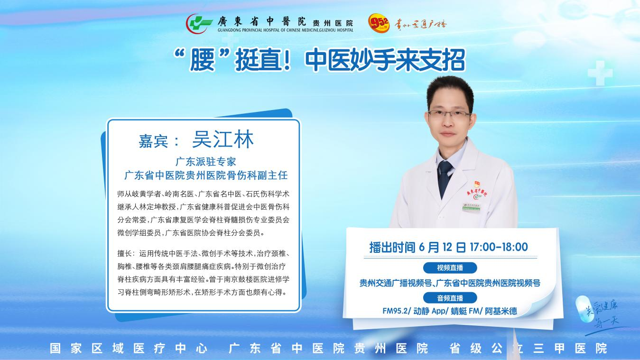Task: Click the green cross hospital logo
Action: pos(199,23)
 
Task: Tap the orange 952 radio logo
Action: pos(379,22)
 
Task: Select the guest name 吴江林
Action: pos(223,139)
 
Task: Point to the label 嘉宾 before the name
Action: pos(153,141)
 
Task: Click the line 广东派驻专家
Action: pos(206,161)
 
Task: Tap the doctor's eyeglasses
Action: pos(449,115)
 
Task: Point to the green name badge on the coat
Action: pos(472,207)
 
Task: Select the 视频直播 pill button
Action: pos(450,268)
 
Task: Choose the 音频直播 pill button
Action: pos(450,298)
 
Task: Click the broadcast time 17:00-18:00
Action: pos(499,247)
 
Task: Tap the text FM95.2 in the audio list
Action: pos(395,311)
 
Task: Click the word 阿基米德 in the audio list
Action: pos(501,311)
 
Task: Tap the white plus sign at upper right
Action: pos(600,73)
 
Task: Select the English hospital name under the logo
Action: pos(286,30)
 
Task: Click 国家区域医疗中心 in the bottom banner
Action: pos(129,348)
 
